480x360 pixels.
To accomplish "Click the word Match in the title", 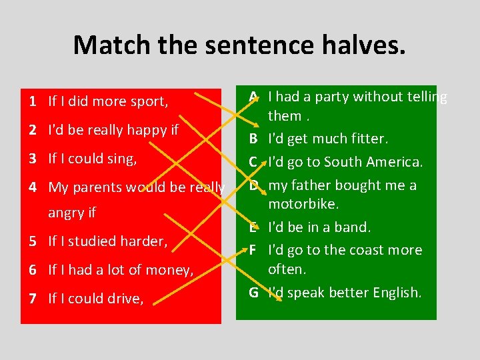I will coord(112,45).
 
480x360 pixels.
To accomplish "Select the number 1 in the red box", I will coord(32,101).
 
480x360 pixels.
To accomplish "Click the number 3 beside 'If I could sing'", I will coord(32,159).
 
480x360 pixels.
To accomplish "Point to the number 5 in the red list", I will coord(32,241).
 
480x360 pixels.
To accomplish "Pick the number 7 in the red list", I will coord(32,298).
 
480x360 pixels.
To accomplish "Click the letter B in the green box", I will coord(254,139).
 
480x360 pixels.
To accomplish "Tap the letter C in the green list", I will coord(254,162).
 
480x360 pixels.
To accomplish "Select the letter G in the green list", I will coord(254,292).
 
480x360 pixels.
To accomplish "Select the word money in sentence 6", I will coord(173,269).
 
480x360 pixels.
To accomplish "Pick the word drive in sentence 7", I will coord(125,298).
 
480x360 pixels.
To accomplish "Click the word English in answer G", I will coord(397,292).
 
